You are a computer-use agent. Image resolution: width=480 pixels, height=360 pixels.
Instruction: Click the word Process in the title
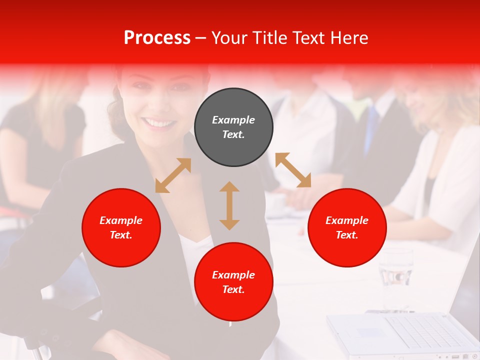(157, 38)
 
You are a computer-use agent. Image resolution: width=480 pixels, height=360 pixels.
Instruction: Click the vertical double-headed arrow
(229, 205)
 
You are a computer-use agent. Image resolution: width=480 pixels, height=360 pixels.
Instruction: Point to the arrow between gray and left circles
(173, 175)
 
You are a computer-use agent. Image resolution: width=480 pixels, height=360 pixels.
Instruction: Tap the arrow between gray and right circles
(293, 170)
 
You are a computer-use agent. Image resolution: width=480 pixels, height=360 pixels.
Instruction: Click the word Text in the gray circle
(233, 134)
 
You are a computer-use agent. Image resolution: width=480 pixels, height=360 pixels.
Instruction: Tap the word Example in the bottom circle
(233, 274)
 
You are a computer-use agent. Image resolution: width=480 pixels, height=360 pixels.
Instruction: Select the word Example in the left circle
(121, 220)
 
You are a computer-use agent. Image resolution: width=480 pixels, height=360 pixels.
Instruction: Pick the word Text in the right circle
(347, 235)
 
